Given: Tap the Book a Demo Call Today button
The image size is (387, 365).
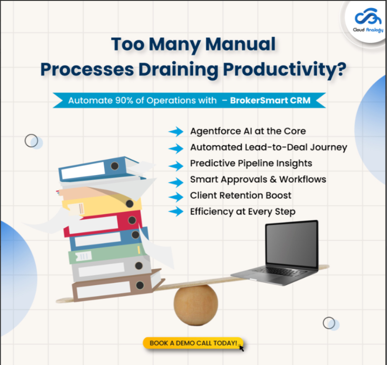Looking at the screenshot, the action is coord(193,343).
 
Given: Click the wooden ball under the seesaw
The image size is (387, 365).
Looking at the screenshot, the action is coord(196,305).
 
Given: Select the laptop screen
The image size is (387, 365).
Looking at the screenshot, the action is coord(291,244).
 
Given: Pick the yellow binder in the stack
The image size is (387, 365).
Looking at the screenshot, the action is coord(102,206).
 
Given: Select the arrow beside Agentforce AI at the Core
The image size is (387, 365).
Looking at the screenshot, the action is coord(176,131).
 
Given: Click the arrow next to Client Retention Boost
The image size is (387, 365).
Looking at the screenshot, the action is coord(176,197).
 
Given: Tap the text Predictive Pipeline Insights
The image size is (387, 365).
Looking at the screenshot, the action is coord(251,163).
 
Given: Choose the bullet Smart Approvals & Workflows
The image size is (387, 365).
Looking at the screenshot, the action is coord(258,179).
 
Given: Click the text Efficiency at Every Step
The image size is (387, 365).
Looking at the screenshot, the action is coord(243,212).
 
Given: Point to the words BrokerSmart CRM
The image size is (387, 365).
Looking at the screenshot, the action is coord(270,100).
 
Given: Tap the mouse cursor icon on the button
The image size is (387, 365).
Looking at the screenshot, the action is coord(241,348).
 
